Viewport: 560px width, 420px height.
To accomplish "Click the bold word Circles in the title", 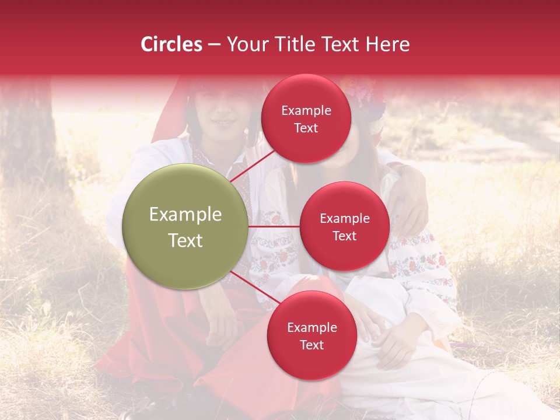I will (171, 44).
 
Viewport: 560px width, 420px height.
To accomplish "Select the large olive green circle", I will (185, 226).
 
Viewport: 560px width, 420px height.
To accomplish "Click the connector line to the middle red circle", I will (274, 226).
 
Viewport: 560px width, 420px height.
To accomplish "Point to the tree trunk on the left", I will (29, 134).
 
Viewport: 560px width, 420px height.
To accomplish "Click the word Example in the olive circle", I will (185, 215).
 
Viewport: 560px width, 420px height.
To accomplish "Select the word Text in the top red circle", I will (306, 128).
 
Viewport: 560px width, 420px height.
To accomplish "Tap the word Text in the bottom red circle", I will (311, 345).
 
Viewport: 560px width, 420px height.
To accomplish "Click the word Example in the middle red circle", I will (344, 219).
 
